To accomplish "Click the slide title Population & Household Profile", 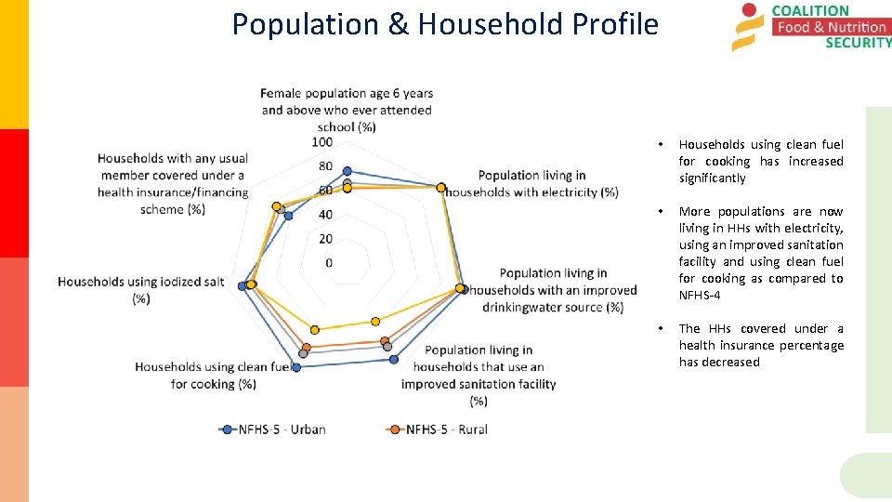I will coord(445,24).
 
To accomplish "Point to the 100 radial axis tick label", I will coord(321,142).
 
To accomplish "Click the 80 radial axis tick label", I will coord(324,166).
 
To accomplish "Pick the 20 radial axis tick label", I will coord(325,239).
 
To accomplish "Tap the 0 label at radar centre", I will coord(329,263).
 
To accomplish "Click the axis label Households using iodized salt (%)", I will coord(140,289).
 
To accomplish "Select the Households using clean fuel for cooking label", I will coord(214,375).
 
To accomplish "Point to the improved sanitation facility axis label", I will coord(479,376).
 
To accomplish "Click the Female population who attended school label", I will coord(347,110).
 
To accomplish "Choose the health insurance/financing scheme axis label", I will coord(173,184).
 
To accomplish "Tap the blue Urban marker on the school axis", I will coord(348,171).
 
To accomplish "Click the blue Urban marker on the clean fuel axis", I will coord(296,368).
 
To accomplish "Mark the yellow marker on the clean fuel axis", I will coord(315,329).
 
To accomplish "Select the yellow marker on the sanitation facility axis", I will coord(375,321).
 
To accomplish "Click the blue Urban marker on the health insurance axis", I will coord(288,216).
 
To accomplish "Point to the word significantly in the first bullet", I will coord(712,178).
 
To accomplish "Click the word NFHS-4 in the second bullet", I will coord(700,295).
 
